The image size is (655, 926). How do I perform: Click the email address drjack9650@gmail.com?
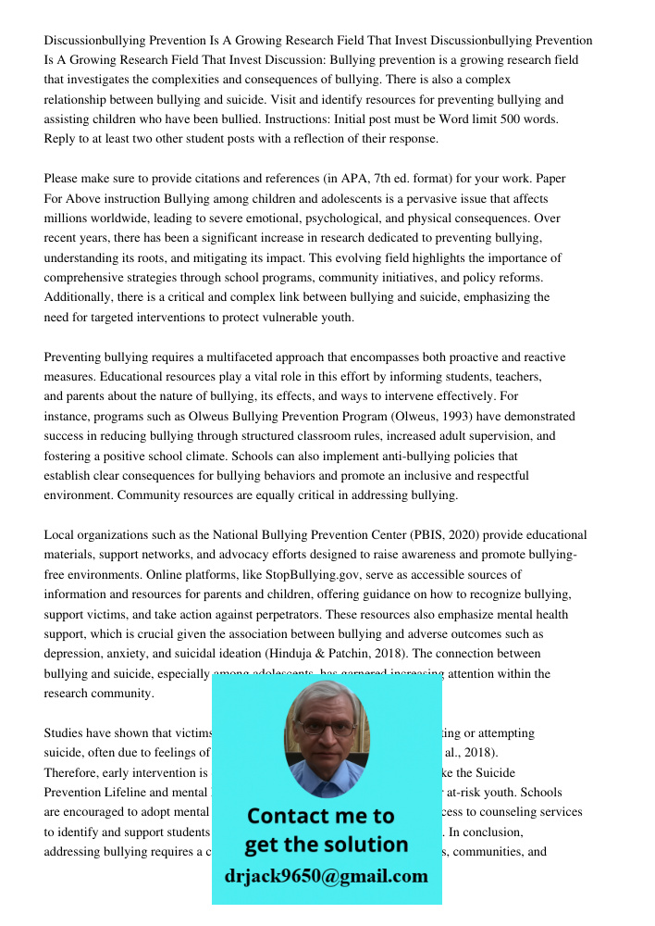326,876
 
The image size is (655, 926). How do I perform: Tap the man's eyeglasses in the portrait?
326,728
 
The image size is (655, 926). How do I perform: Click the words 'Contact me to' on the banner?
320,816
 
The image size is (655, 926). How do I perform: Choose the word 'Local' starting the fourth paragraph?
59,535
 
